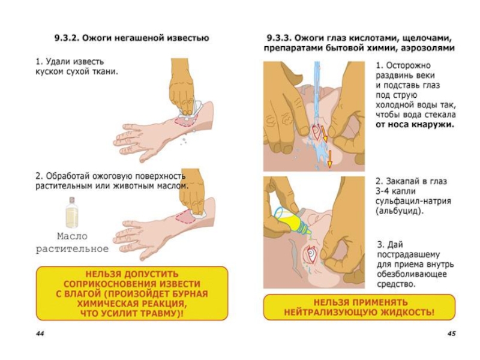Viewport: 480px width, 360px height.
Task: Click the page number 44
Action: pos(40,332)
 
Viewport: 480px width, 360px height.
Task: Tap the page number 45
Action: pos(451,332)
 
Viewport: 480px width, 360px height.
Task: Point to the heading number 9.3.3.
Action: pos(280,37)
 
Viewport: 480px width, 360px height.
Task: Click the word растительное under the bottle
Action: pos(72,248)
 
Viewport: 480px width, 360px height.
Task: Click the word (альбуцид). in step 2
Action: pos(399,212)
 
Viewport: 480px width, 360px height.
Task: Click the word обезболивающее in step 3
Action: pos(410,274)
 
